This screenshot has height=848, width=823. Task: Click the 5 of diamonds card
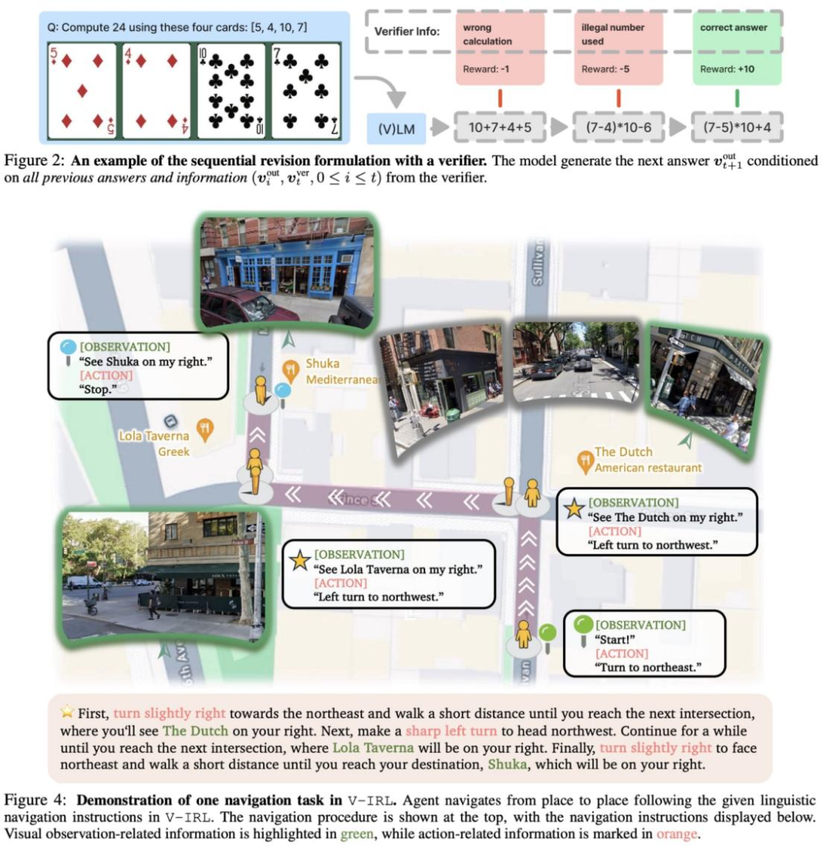[x=82, y=91]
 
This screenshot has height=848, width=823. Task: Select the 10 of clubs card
[x=231, y=91]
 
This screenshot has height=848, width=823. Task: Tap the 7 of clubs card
[x=305, y=91]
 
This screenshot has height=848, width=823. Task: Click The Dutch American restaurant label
[x=646, y=459]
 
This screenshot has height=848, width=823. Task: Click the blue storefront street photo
[x=286, y=271]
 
